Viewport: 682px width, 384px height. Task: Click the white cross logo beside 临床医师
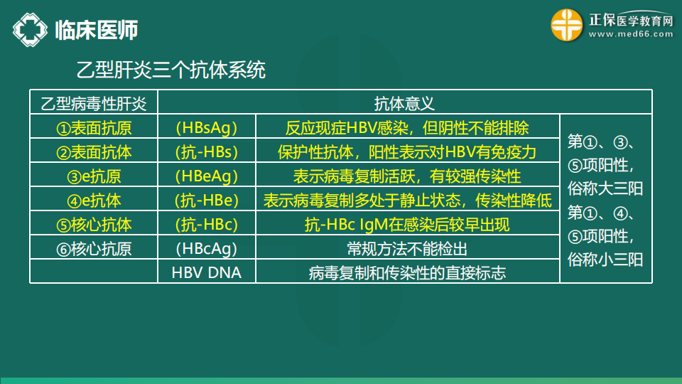(x=30, y=30)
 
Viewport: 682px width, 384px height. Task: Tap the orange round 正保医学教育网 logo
(x=567, y=26)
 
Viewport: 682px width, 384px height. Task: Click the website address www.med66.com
(x=631, y=34)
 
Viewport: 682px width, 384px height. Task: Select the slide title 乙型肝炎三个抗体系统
(x=171, y=70)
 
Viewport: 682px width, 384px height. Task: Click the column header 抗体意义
(x=404, y=104)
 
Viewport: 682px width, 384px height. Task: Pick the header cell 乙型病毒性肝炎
(x=94, y=104)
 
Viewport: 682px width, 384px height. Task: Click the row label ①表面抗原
(x=94, y=128)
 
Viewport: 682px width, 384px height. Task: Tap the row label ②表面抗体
(x=94, y=152)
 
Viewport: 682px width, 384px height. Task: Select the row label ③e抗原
(x=94, y=176)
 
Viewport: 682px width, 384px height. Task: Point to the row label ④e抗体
(x=94, y=201)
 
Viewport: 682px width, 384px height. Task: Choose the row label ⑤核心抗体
(x=94, y=225)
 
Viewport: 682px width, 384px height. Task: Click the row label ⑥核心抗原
(x=94, y=249)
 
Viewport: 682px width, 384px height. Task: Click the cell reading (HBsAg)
(x=207, y=128)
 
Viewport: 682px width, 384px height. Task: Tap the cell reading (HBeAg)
(x=207, y=176)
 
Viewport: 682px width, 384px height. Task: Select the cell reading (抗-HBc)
(x=207, y=225)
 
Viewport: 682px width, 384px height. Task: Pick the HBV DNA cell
(x=207, y=272)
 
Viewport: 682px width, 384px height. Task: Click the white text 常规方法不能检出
(x=407, y=249)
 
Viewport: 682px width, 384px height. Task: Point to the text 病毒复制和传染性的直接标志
(x=407, y=273)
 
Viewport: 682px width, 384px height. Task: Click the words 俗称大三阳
(x=605, y=188)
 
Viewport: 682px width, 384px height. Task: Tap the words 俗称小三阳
(x=605, y=260)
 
